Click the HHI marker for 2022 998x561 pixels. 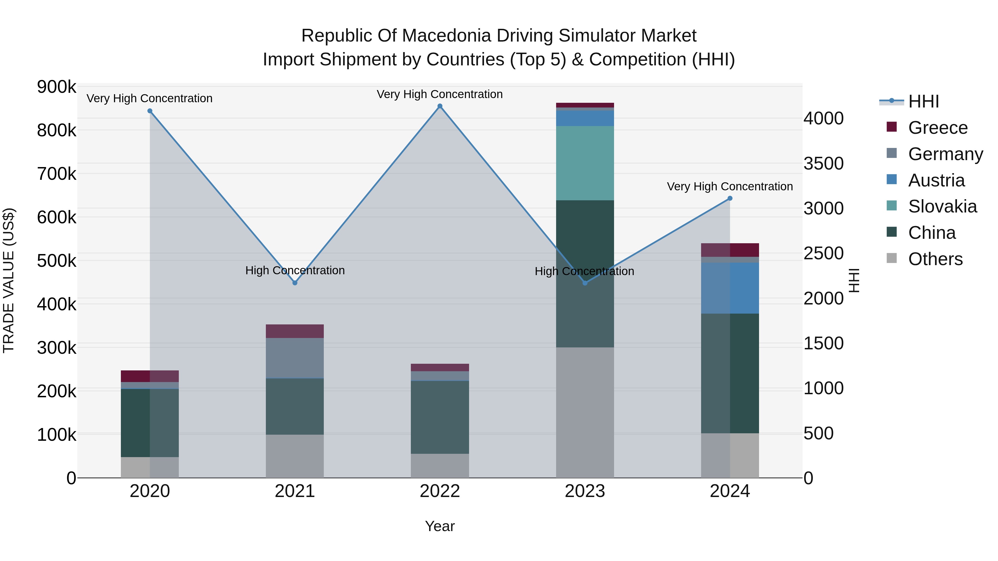coord(440,106)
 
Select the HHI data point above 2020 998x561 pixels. coord(150,111)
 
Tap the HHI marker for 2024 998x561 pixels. coord(730,198)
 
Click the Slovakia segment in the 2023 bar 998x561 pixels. coord(585,163)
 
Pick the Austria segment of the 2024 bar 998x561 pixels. coord(730,288)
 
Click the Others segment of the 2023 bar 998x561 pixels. coord(585,412)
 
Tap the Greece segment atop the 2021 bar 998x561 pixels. coord(295,331)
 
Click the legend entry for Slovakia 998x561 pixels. coord(942,206)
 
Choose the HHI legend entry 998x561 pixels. coord(923,101)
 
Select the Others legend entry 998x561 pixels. coord(935,259)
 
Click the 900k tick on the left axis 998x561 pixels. coord(57,87)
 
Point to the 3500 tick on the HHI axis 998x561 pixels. coord(823,163)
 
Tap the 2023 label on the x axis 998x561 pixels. coord(585,491)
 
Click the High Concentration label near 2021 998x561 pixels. coord(295,270)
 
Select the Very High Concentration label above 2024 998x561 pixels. coord(730,186)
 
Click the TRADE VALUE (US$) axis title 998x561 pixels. coord(9,280)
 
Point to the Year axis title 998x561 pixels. coord(440,526)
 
